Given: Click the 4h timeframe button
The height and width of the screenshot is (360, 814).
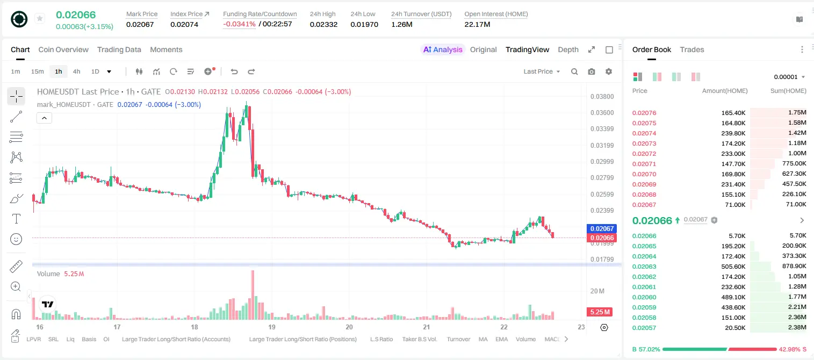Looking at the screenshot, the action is pyautogui.click(x=76, y=71).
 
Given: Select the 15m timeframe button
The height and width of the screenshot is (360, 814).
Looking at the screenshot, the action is pyautogui.click(x=38, y=71).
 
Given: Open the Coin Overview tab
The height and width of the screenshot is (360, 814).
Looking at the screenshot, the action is pyautogui.click(x=63, y=49).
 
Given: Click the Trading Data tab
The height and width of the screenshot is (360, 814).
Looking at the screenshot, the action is pyautogui.click(x=119, y=49).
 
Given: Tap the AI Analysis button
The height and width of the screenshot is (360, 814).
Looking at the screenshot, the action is pyautogui.click(x=443, y=49).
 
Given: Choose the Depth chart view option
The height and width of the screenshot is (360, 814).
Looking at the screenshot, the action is pyautogui.click(x=568, y=49).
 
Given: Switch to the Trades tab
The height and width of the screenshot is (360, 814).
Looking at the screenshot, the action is pyautogui.click(x=692, y=49).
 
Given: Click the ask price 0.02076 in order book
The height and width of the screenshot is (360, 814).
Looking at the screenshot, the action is pyautogui.click(x=644, y=113).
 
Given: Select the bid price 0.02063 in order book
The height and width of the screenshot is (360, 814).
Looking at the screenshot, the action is pyautogui.click(x=644, y=267).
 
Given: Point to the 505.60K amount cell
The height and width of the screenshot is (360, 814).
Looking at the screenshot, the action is pyautogui.click(x=733, y=267).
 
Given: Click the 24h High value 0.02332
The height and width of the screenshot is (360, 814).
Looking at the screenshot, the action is pyautogui.click(x=323, y=24).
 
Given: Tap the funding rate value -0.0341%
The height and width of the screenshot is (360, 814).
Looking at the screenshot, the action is pyautogui.click(x=239, y=24).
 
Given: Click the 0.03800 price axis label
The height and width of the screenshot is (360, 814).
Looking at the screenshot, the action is pyautogui.click(x=602, y=97).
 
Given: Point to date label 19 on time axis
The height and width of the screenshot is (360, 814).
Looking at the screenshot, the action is pyautogui.click(x=272, y=327).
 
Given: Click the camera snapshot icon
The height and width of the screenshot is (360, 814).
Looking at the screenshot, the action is pyautogui.click(x=592, y=71).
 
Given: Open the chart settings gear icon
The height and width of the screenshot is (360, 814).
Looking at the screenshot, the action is pyautogui.click(x=609, y=71).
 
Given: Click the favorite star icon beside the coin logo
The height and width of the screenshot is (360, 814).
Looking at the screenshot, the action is pyautogui.click(x=40, y=18).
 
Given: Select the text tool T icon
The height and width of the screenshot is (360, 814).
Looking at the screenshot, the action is pyautogui.click(x=16, y=219).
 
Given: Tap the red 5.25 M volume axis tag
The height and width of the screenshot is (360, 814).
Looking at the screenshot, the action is pyautogui.click(x=600, y=312).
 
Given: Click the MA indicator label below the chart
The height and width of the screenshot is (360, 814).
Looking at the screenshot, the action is pyautogui.click(x=483, y=339).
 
